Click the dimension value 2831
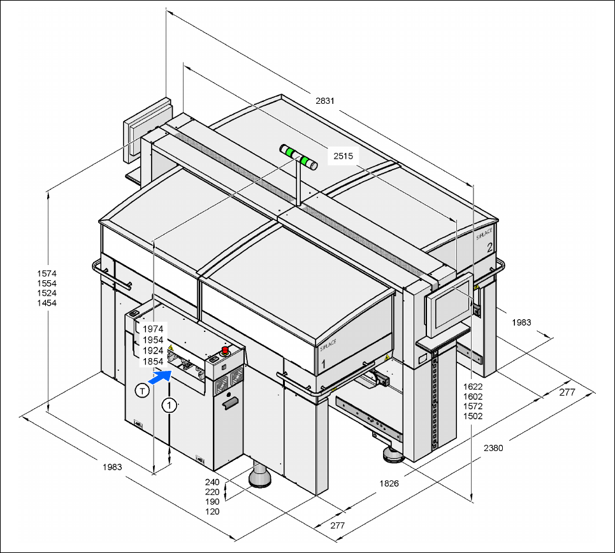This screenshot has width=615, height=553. pos(325,101)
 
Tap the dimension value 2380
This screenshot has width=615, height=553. pos(493,448)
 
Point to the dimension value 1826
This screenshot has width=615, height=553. pos(389,484)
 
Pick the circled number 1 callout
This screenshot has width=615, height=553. pos(169,404)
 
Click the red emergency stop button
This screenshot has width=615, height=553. pos(225,350)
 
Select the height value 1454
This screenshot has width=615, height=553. pos(47,303)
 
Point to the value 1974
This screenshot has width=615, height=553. pos(153,329)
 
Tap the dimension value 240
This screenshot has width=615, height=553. pos(212,482)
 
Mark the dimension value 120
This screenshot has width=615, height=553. pos(212,512)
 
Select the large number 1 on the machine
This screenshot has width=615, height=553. pos(324,363)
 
